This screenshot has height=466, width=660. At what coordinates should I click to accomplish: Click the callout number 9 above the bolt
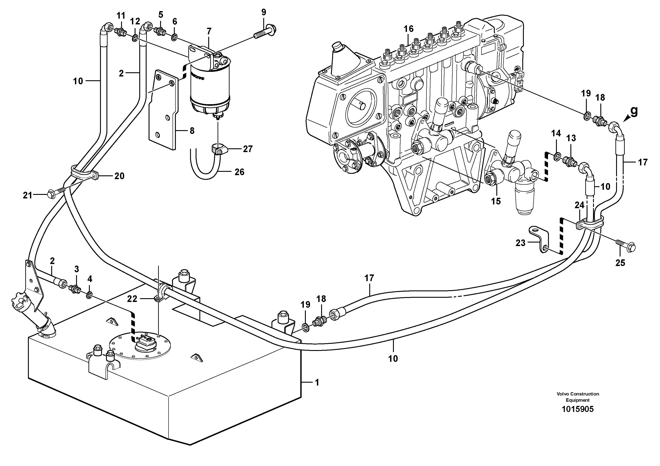pos(264,12)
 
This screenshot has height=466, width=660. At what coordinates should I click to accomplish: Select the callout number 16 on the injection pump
pos(408,29)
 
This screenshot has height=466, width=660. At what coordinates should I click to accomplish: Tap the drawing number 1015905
pos(577,409)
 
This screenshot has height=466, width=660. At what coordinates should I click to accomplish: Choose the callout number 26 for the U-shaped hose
pos(239,172)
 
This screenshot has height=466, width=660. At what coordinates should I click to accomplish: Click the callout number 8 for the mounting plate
pos(192,131)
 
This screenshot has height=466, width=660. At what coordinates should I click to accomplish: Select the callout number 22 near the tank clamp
pos(132,299)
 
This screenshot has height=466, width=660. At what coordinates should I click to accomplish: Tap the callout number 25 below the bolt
pos(620,263)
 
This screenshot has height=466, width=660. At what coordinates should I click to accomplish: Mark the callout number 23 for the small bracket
pos(520,243)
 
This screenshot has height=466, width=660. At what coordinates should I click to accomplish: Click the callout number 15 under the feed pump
pos(496,201)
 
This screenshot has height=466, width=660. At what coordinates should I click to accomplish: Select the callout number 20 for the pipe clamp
pos(119,176)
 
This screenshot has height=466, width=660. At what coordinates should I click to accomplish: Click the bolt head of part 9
pos(270,29)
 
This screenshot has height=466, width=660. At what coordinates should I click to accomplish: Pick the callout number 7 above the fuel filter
pos(209,31)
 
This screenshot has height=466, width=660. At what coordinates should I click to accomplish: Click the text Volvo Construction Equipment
pos(577,397)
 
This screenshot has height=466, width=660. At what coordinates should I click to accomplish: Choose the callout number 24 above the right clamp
pos(579,205)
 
